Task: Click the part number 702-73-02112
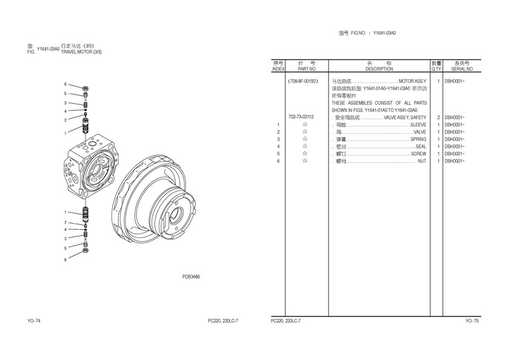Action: point(301,117)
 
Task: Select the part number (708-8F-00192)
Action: point(303,81)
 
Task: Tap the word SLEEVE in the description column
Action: point(419,125)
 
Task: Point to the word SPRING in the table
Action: point(419,139)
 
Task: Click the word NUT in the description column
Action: point(422,161)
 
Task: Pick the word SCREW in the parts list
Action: point(419,154)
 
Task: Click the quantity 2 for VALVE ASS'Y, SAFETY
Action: point(438,118)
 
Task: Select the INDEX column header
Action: point(278,69)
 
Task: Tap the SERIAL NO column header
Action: point(462,69)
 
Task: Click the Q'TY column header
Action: point(437,69)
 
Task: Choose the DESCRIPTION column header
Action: point(379,69)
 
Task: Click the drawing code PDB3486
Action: point(191,276)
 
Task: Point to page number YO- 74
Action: point(34,321)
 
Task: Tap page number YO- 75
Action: point(472,321)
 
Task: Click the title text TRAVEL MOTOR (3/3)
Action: point(81,52)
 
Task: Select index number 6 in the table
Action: point(278,161)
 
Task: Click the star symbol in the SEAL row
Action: point(305,147)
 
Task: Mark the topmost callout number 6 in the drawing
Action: point(65,84)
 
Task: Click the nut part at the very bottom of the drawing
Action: point(85,250)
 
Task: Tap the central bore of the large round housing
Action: point(176,215)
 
